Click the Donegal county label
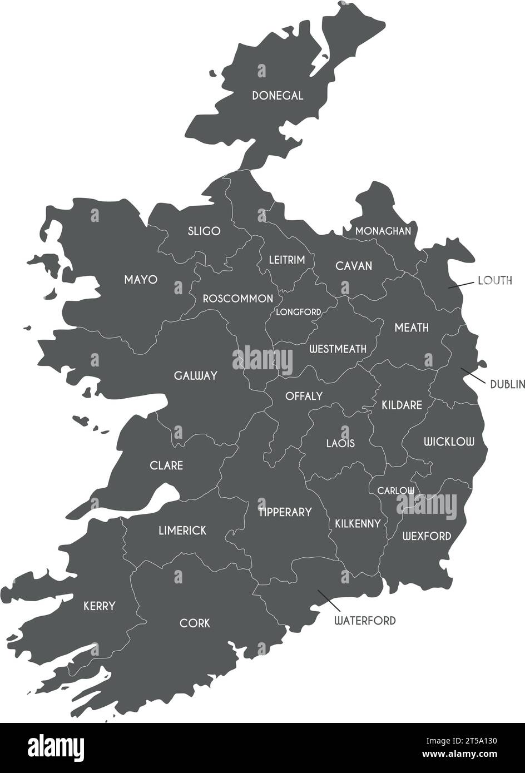click(x=278, y=96)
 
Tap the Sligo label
click(x=204, y=231)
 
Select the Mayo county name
click(x=141, y=279)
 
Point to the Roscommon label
click(x=237, y=299)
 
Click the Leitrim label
click(x=287, y=260)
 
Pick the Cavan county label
click(x=354, y=266)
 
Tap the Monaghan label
click(x=383, y=231)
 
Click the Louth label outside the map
click(x=495, y=280)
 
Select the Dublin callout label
click(x=507, y=384)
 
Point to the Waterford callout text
click(x=365, y=620)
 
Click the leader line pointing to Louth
click(x=460, y=284)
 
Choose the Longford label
click(x=299, y=312)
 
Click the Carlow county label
click(x=396, y=490)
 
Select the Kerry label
click(x=99, y=606)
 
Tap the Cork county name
click(x=195, y=623)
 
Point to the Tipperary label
click(x=285, y=512)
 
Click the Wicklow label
click(x=449, y=442)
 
